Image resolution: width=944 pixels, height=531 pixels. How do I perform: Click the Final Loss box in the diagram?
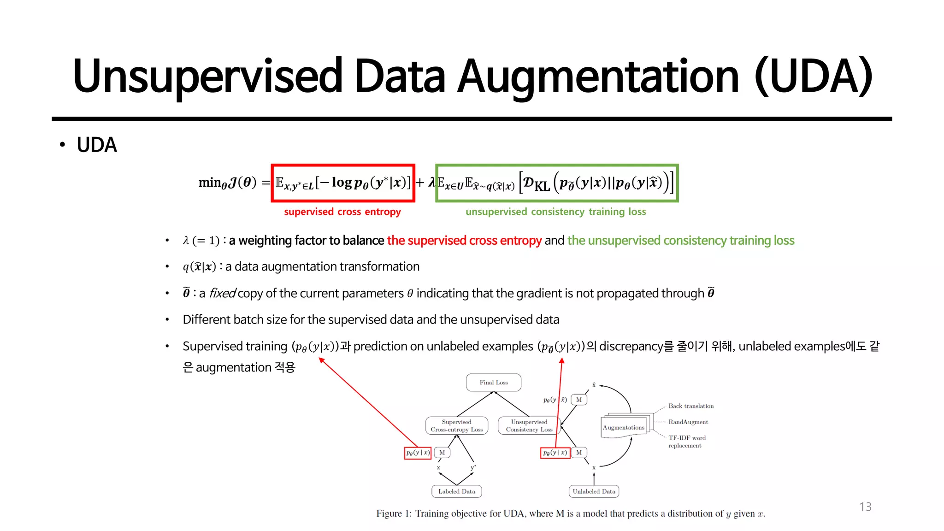pyautogui.click(x=493, y=383)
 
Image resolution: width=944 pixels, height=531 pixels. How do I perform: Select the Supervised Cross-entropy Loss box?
pyautogui.click(x=456, y=425)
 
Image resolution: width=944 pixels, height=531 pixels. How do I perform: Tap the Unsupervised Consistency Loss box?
pyautogui.click(x=529, y=425)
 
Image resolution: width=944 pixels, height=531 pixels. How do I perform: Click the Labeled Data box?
pyautogui.click(x=456, y=491)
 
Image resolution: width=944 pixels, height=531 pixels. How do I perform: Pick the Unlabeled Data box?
pyautogui.click(x=594, y=491)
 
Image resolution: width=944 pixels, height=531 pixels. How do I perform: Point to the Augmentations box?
pyautogui.click(x=624, y=427)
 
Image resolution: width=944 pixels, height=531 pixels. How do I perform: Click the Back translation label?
pyautogui.click(x=691, y=406)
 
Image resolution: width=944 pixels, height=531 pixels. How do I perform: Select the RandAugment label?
pyautogui.click(x=688, y=422)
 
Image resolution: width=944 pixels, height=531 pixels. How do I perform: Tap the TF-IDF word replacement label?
pyautogui.click(x=687, y=442)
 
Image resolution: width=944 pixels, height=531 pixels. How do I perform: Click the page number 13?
pyautogui.click(x=865, y=507)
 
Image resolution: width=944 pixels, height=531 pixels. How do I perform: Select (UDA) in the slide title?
pyautogui.click(x=814, y=77)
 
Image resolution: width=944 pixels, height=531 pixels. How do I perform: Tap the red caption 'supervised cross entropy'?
pyautogui.click(x=342, y=212)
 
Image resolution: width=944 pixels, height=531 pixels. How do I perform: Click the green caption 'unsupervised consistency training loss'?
pyautogui.click(x=555, y=212)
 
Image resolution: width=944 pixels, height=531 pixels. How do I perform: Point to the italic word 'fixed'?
pyautogui.click(x=223, y=293)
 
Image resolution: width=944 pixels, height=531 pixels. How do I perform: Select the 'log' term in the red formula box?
pyautogui.click(x=342, y=183)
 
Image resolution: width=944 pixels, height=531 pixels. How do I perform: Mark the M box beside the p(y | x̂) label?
pyautogui.click(x=579, y=400)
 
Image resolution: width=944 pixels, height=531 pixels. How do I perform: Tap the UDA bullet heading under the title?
pyautogui.click(x=97, y=145)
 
